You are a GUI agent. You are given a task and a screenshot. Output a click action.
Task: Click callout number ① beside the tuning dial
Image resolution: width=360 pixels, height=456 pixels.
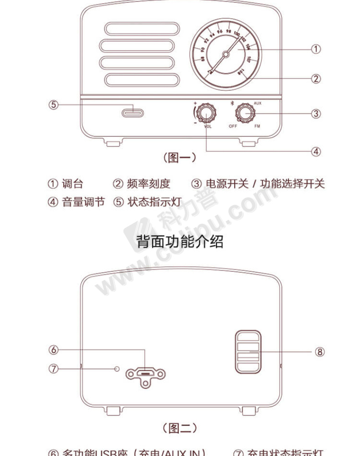pyautogui.click(x=316, y=49)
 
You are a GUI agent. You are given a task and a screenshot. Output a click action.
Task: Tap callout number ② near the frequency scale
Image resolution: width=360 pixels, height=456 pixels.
pyautogui.click(x=316, y=78)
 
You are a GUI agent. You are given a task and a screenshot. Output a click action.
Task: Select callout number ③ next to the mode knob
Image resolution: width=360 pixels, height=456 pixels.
pyautogui.click(x=316, y=113)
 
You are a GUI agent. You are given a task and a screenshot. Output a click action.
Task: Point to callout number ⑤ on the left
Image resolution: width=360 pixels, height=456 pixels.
pyautogui.click(x=54, y=105)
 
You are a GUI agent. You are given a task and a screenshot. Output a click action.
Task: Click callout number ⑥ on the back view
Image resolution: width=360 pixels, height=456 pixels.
pyautogui.click(x=54, y=350)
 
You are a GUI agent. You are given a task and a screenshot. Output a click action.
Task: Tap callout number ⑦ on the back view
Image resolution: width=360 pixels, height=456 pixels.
pyautogui.click(x=54, y=368)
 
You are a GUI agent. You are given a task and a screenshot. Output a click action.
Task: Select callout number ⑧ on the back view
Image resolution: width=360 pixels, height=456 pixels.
pyautogui.click(x=319, y=352)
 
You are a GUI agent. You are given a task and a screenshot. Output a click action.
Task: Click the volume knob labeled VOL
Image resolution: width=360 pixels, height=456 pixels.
pyautogui.click(x=207, y=113)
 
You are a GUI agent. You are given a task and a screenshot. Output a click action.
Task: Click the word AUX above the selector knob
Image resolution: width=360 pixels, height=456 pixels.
pyautogui.click(x=257, y=104)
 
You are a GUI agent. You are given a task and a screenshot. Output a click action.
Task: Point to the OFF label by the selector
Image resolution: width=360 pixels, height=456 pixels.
pyautogui.click(x=233, y=126)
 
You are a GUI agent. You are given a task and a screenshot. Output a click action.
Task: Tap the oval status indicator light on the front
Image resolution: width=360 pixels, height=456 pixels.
pyautogui.click(x=133, y=113)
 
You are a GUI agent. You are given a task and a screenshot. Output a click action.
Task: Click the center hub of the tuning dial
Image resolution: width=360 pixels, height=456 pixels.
pyautogui.click(x=226, y=54)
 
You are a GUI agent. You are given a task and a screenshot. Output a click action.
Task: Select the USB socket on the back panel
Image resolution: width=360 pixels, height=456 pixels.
pyautogui.click(x=145, y=373)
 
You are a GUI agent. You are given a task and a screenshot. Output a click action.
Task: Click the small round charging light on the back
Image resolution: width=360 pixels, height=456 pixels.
pyautogui.click(x=118, y=368)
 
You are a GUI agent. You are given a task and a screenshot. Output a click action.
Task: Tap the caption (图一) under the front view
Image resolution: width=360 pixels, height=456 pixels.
pyautogui.click(x=180, y=158)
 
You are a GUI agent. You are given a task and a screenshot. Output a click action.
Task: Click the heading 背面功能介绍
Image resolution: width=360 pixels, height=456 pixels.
pyautogui.click(x=180, y=241)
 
